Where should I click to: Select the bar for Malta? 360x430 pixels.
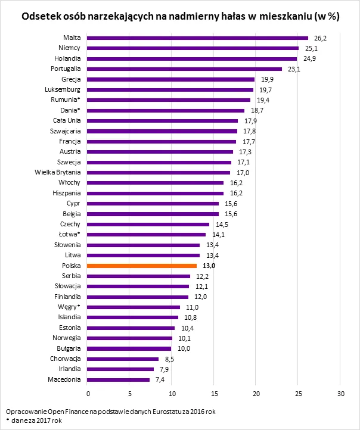(198, 38)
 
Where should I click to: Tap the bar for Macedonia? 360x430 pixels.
(119, 379)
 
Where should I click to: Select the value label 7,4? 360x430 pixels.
(160, 379)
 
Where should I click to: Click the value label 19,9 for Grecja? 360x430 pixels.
(266, 79)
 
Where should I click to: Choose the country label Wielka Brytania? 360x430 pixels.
(58, 172)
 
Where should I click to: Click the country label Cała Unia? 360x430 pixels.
(66, 120)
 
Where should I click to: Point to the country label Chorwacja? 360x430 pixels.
(66, 359)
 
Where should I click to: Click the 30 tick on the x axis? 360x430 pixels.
(341, 394)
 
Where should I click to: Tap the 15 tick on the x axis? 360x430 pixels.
(214, 394)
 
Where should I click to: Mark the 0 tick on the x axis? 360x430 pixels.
(88, 394)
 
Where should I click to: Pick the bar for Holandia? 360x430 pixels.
(192, 58)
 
